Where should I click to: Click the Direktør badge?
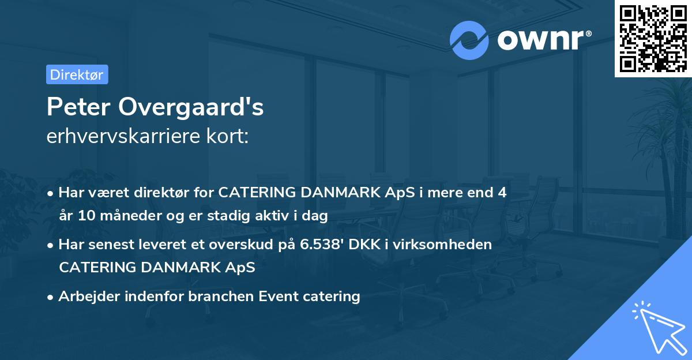tap(77, 74)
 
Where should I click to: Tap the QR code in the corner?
tap(653, 38)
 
